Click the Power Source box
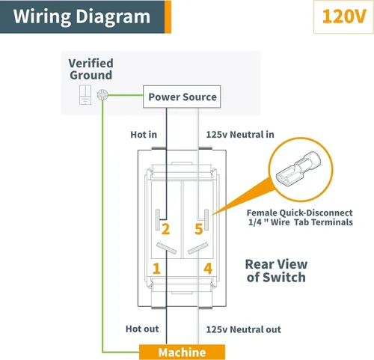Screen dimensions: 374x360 pyautogui.click(x=182, y=97)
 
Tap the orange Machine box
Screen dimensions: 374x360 pyautogui.click(x=182, y=353)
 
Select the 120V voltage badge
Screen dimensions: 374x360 pyautogui.click(x=343, y=17)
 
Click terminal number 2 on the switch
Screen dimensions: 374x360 pyautogui.click(x=165, y=229)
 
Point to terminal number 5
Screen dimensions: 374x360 pyautogui.click(x=199, y=229)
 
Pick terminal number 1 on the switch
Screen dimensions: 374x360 pyautogui.click(x=156, y=269)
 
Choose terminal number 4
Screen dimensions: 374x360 pyautogui.click(x=208, y=269)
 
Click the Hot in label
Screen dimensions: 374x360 pyautogui.click(x=144, y=135)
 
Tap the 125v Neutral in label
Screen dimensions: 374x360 pyautogui.click(x=240, y=135)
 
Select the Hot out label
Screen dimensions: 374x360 pyautogui.click(x=142, y=329)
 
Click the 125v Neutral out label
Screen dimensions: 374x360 pyautogui.click(x=243, y=329)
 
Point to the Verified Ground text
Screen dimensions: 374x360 pyautogui.click(x=91, y=69)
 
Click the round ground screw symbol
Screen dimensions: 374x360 pyautogui.click(x=102, y=95)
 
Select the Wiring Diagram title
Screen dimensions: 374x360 pyautogui.click(x=82, y=16)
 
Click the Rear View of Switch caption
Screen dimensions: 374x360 pyautogui.click(x=276, y=271)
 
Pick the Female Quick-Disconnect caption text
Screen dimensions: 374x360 pyautogui.click(x=300, y=217)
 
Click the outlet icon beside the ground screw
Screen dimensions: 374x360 pyautogui.click(x=85, y=94)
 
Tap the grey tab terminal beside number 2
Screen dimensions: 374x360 pyautogui.click(x=158, y=220)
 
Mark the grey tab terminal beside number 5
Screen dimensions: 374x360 pyautogui.click(x=206, y=220)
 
